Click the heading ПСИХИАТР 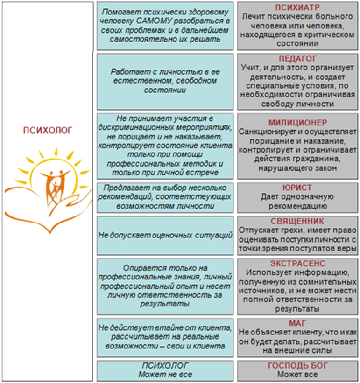tap(297, 7)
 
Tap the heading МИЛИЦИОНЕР tap(297, 123)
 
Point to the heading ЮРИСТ tap(297, 188)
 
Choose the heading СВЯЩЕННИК tap(297, 221)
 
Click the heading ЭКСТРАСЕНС tap(297, 264)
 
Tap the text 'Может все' tap(297, 375)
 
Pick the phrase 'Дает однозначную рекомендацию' tap(297, 201)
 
